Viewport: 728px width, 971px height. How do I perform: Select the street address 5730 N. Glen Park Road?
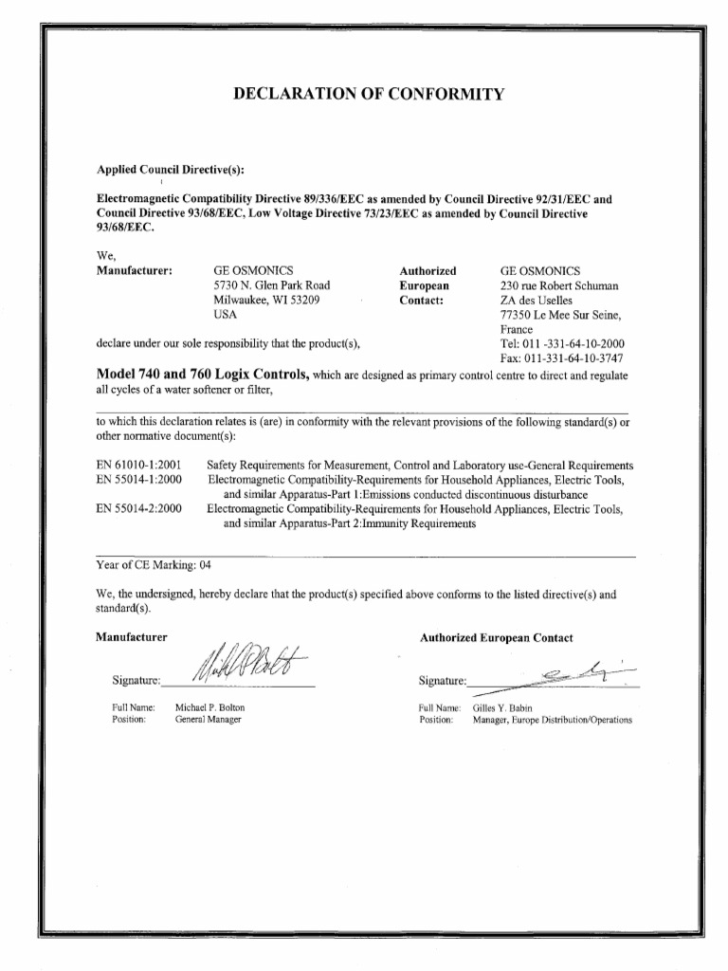click(272, 284)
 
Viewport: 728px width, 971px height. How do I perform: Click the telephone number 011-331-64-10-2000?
click(573, 343)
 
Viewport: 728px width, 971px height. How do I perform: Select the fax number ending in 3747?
click(573, 358)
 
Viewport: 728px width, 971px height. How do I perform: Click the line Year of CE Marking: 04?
click(153, 565)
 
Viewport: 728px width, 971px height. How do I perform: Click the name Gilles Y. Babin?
click(502, 707)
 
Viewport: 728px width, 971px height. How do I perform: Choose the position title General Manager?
click(209, 720)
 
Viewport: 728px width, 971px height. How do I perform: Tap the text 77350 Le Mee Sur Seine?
click(567, 314)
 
